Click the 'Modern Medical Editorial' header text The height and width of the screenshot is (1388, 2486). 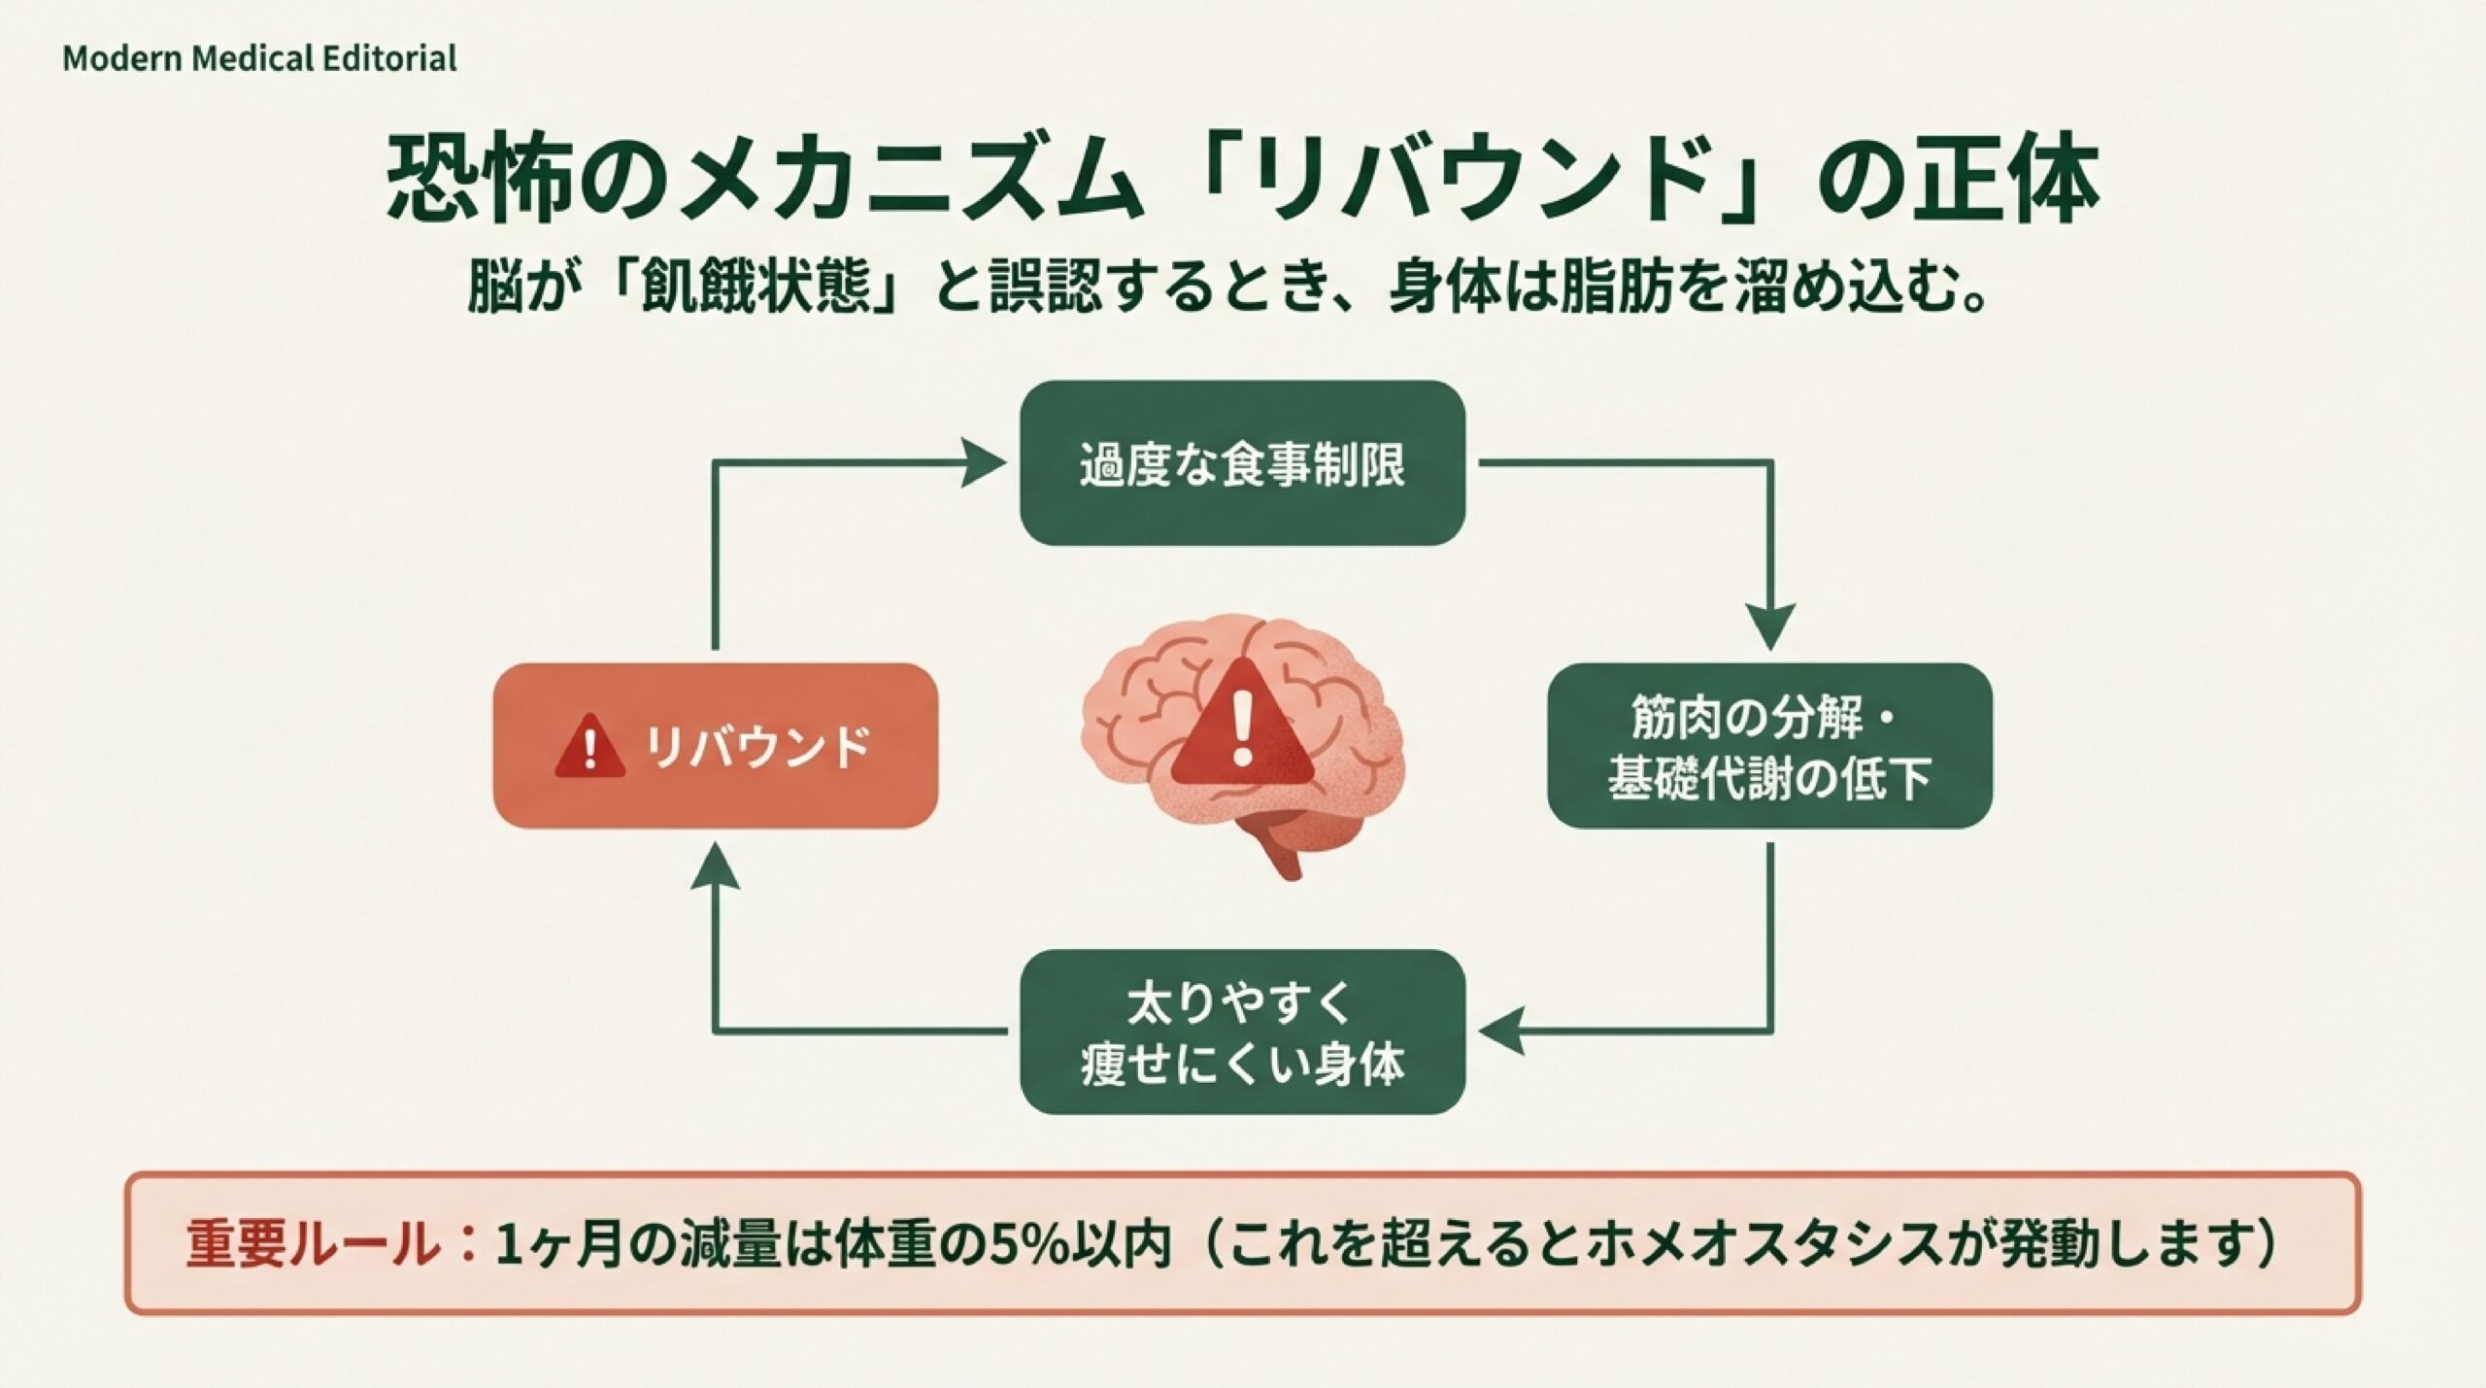point(259,59)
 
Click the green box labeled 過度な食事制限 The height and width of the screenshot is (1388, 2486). point(1242,463)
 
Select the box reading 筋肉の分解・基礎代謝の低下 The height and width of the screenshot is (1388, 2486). point(1769,745)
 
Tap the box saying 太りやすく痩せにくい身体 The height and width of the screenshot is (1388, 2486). point(1242,1032)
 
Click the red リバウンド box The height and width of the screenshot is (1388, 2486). point(716,745)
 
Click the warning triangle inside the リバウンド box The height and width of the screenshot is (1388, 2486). point(589,747)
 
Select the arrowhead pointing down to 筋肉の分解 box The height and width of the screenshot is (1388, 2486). point(1770,626)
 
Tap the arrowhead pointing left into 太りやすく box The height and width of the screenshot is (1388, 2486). point(1500,1031)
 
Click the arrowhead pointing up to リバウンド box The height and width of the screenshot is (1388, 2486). point(716,867)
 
